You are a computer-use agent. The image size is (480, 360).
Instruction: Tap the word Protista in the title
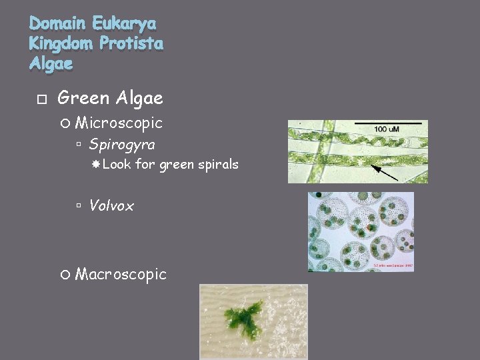(x=130, y=44)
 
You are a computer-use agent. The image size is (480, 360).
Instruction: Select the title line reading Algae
(x=51, y=64)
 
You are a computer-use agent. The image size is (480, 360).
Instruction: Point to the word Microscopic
(x=119, y=123)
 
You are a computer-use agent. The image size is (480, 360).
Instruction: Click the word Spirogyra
(x=122, y=144)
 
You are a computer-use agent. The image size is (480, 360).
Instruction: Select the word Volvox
(x=111, y=206)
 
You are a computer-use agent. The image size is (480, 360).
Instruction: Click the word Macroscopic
(x=121, y=274)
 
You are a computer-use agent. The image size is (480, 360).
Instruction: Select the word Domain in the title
(x=58, y=25)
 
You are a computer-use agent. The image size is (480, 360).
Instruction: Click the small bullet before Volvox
(x=79, y=207)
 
